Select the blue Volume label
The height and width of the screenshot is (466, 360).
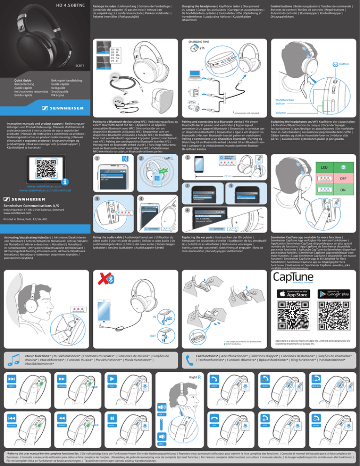pos(283,113)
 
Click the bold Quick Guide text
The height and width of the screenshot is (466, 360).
pos(23,81)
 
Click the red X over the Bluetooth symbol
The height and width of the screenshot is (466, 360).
pos(100,278)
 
